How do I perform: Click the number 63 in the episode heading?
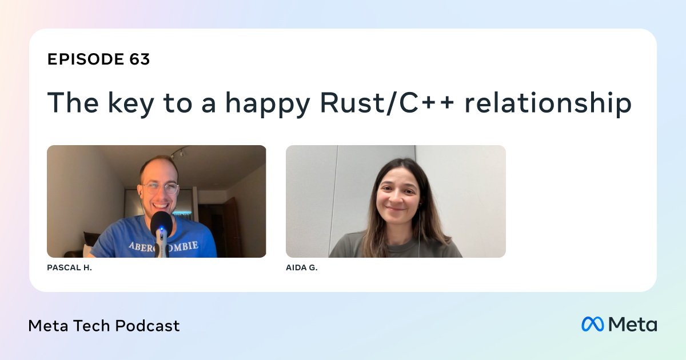tap(139, 59)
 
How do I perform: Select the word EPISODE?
tap(85, 59)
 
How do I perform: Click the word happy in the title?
tap(268, 105)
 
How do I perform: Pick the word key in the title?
tap(130, 105)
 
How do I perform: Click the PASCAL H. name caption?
tap(70, 267)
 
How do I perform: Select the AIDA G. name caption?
tap(302, 267)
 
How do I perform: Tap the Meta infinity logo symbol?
tap(593, 324)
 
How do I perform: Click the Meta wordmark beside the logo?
tap(633, 324)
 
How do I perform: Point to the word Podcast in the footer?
tap(147, 325)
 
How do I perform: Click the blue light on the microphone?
tap(161, 229)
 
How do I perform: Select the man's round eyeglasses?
tap(159, 188)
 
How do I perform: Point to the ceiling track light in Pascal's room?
tap(180, 152)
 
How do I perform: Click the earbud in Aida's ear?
tap(420, 203)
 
